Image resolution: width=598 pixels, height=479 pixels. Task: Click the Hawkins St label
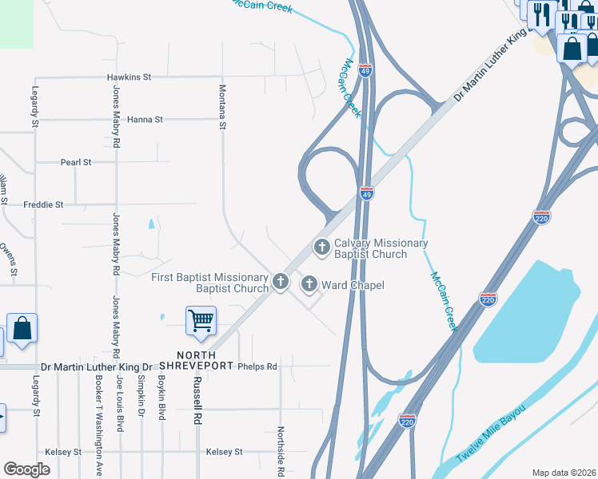[129, 77]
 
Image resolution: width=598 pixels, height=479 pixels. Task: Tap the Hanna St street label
[145, 119]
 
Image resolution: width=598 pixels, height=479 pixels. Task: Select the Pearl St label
[76, 162]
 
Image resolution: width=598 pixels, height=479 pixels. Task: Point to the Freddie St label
[43, 204]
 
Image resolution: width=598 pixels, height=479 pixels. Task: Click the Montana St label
[223, 107]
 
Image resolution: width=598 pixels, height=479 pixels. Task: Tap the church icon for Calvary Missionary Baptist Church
[322, 247]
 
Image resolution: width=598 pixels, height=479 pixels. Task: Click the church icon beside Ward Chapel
[309, 284]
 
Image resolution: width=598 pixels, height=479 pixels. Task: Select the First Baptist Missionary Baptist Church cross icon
[281, 282]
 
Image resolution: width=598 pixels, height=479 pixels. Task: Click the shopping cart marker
[201, 321]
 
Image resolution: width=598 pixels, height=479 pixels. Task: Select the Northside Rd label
[281, 450]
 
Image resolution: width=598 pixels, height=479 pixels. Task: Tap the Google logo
[27, 469]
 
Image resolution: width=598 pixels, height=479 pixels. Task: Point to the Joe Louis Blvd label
[121, 404]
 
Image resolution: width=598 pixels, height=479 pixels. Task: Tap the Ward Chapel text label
[353, 285]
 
